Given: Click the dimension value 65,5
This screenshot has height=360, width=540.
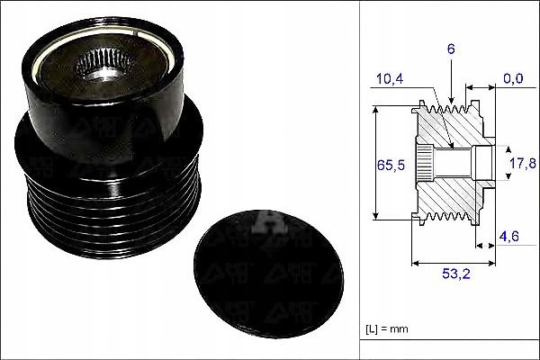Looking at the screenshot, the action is pyautogui.click(x=391, y=165).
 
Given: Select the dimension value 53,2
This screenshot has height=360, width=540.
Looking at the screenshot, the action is pyautogui.click(x=456, y=274).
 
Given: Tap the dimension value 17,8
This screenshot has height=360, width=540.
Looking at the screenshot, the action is pyautogui.click(x=523, y=163).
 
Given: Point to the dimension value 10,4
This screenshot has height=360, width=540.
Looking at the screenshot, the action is pyautogui.click(x=390, y=79).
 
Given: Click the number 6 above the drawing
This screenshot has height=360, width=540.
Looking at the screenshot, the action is pyautogui.click(x=451, y=49).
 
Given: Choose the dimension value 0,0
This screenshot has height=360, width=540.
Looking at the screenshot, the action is pyautogui.click(x=513, y=78).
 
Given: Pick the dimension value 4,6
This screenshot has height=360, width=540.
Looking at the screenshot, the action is pyautogui.click(x=509, y=237).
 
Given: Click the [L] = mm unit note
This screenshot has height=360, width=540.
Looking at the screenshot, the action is pyautogui.click(x=387, y=329).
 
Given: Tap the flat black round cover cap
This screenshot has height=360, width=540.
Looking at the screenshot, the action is pyautogui.click(x=268, y=274).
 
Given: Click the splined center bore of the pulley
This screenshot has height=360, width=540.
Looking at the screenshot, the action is pyautogui.click(x=103, y=65).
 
